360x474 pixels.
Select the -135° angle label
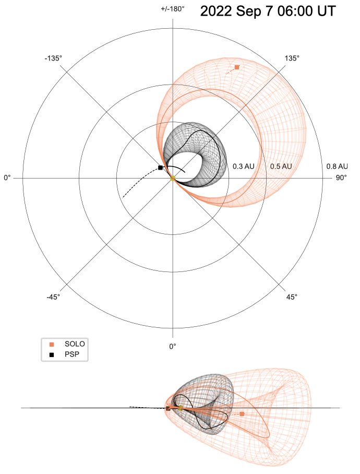pos(53,58)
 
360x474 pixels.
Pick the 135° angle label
pos(292,58)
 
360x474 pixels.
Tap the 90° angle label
pos(341,178)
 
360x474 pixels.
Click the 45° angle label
pos(292,297)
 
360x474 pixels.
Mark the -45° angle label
pos(53,297)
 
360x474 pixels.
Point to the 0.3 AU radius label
pos(244,167)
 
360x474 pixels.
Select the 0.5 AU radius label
pos(281,167)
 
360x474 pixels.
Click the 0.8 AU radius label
pos(337,167)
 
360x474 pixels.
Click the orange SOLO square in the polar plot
pos(237,67)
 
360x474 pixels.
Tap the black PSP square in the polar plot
pos(160,168)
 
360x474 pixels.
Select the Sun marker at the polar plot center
pos(172,179)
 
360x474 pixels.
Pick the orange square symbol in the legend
pos(51,344)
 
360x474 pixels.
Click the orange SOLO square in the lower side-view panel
pos(242,413)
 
